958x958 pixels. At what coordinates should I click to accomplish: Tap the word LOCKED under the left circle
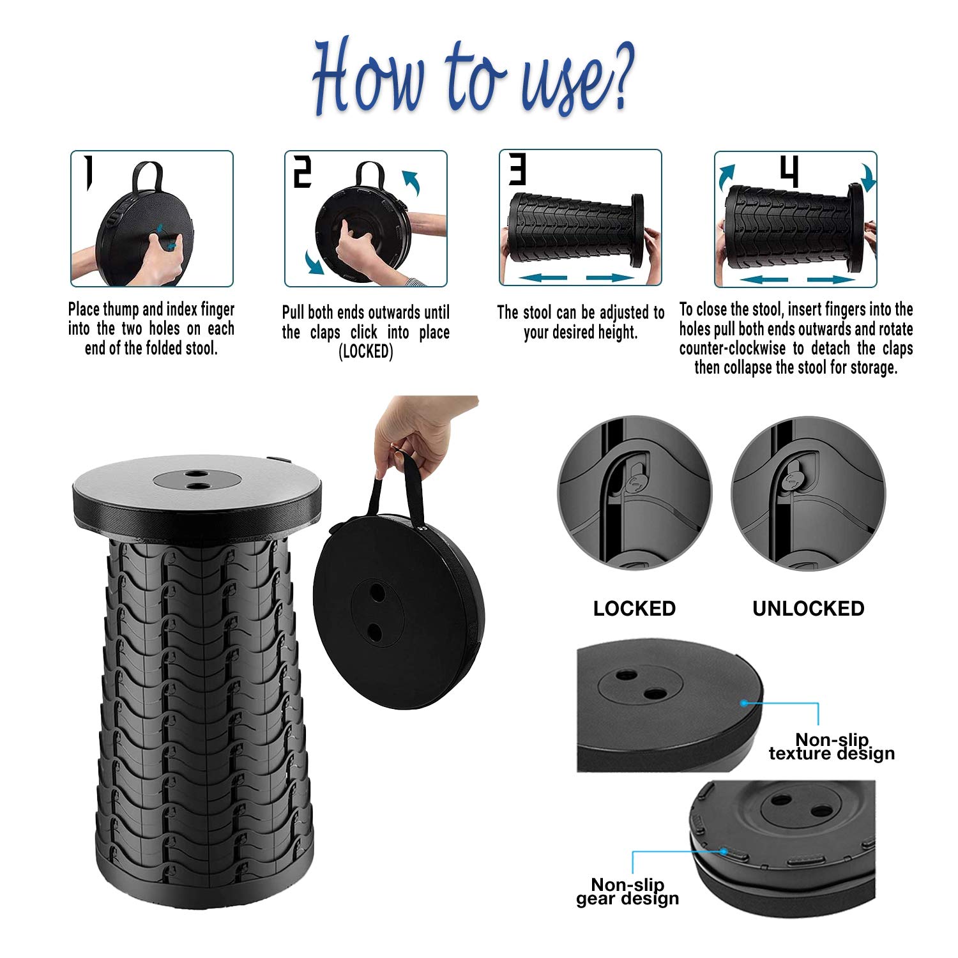coord(634,609)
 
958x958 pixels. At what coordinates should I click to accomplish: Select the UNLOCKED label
coord(809,609)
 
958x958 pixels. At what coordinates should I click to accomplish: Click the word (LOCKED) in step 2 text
coord(366,352)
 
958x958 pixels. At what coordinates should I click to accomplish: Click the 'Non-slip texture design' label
coord(832,747)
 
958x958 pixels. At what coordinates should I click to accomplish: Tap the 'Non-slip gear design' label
coord(628,892)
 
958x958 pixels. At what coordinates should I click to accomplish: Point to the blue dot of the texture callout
coord(744,703)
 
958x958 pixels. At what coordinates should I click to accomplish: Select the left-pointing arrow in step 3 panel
coord(540,277)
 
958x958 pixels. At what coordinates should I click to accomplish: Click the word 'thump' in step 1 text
coord(121,310)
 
